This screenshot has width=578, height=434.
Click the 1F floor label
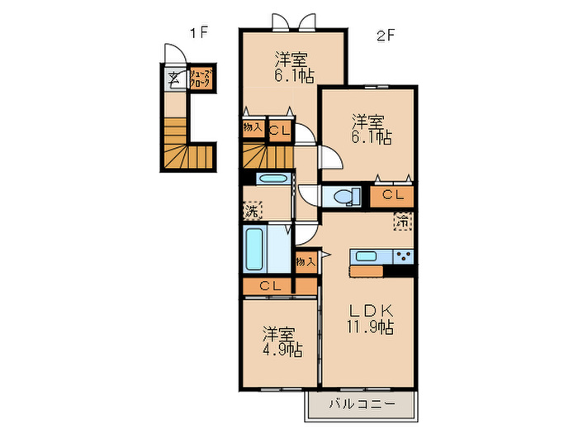[x=198, y=34]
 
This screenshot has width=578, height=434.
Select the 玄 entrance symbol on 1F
[x=174, y=79]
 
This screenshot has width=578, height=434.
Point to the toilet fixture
[x=342, y=196]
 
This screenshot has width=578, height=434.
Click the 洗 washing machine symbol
[x=251, y=212]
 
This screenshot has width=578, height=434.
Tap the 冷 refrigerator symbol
[x=403, y=221]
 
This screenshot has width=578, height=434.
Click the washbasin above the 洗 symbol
[x=271, y=179]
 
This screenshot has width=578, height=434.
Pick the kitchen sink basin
[x=364, y=255]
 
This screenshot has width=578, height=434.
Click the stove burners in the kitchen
[x=403, y=255]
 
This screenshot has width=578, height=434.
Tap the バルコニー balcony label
[x=361, y=405]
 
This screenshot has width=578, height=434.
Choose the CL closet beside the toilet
[x=392, y=196]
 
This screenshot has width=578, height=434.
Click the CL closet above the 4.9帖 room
[x=269, y=286]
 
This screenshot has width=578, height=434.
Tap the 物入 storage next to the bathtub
[x=306, y=261]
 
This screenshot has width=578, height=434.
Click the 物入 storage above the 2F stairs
[x=252, y=128]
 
